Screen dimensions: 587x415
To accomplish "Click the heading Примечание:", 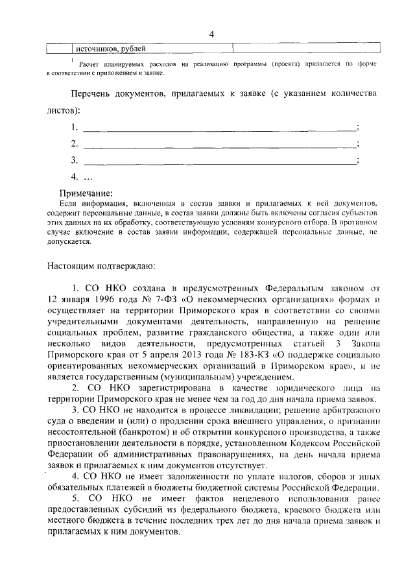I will [86, 193].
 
